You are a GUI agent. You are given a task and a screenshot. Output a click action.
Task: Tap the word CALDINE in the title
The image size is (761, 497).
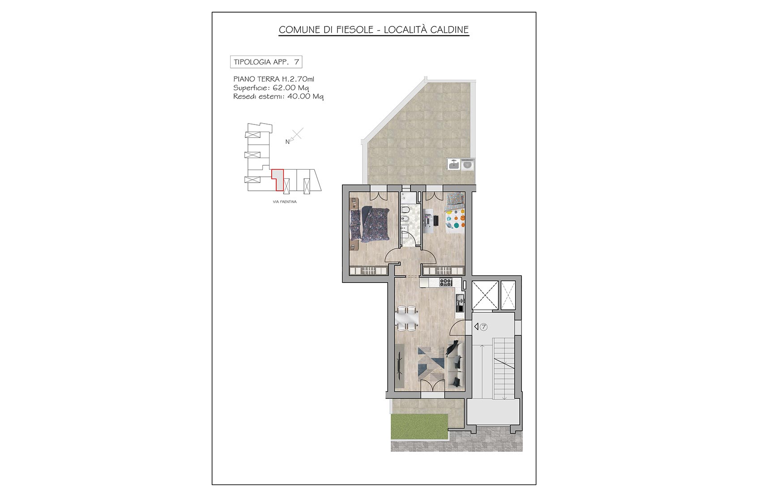449,30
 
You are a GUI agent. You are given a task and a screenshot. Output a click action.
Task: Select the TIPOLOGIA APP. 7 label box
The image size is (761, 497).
266,62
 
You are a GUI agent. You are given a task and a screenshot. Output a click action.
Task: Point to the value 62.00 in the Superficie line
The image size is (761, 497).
284,88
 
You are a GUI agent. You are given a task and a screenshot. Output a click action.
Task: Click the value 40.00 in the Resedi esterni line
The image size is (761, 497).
299,96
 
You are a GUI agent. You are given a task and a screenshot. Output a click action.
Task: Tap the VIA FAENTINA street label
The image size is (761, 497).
285,202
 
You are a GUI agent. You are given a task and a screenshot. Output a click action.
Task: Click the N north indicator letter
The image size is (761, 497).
287,142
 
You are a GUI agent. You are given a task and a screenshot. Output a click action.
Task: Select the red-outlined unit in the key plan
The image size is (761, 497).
278,180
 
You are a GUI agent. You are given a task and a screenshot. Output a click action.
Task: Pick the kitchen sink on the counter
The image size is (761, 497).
459,300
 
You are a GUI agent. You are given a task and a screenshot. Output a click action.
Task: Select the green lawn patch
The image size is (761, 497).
420,426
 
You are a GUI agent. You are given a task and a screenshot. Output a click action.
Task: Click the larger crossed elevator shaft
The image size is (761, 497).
485,295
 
